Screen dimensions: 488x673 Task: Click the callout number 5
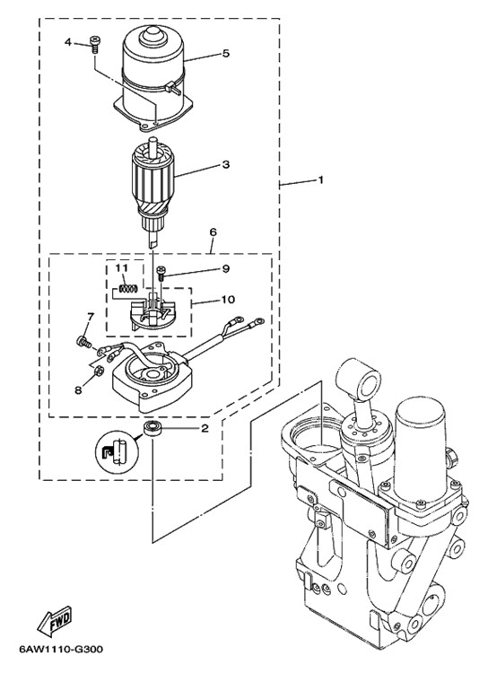(x=226, y=54)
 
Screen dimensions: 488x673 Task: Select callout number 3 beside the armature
(x=225, y=164)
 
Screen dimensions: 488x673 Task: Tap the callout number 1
(x=319, y=179)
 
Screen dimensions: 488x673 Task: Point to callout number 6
(x=213, y=232)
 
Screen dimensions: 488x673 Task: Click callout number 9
(x=226, y=269)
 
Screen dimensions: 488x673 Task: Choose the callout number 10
(x=229, y=299)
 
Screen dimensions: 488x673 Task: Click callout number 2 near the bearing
(x=205, y=428)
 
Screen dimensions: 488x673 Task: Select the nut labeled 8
(x=98, y=371)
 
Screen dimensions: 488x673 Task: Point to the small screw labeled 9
(x=161, y=274)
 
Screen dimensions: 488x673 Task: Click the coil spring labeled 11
(x=127, y=289)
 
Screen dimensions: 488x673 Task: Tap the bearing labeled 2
(x=151, y=429)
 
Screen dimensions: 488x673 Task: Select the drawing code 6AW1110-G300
(x=61, y=649)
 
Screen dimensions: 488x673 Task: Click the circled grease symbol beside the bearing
(x=117, y=453)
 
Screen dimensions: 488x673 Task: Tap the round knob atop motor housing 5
(x=152, y=34)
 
